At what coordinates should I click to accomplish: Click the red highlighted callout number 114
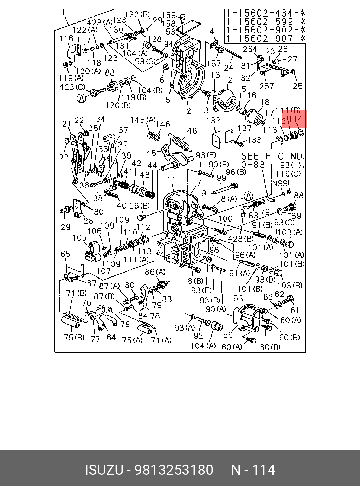point(296,119)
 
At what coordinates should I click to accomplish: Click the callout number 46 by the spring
point(192,131)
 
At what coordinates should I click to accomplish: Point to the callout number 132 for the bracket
point(213,121)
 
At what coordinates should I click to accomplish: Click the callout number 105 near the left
point(79,237)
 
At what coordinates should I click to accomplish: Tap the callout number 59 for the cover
point(228,334)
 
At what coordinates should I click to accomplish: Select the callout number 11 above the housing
point(171,180)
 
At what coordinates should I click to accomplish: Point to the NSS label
point(279,183)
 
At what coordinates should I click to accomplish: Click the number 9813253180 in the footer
point(174,470)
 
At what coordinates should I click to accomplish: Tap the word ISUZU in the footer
point(104,470)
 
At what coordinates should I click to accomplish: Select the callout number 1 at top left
point(64,12)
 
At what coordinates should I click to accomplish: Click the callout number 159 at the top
point(169,15)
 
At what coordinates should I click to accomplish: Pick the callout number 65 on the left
point(65,254)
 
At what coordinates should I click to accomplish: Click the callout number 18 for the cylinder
point(265,102)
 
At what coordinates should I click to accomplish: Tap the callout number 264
point(250,49)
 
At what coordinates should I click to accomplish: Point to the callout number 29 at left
point(65,227)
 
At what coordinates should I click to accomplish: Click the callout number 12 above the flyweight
point(228,80)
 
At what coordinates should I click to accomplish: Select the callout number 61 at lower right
point(295,310)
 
